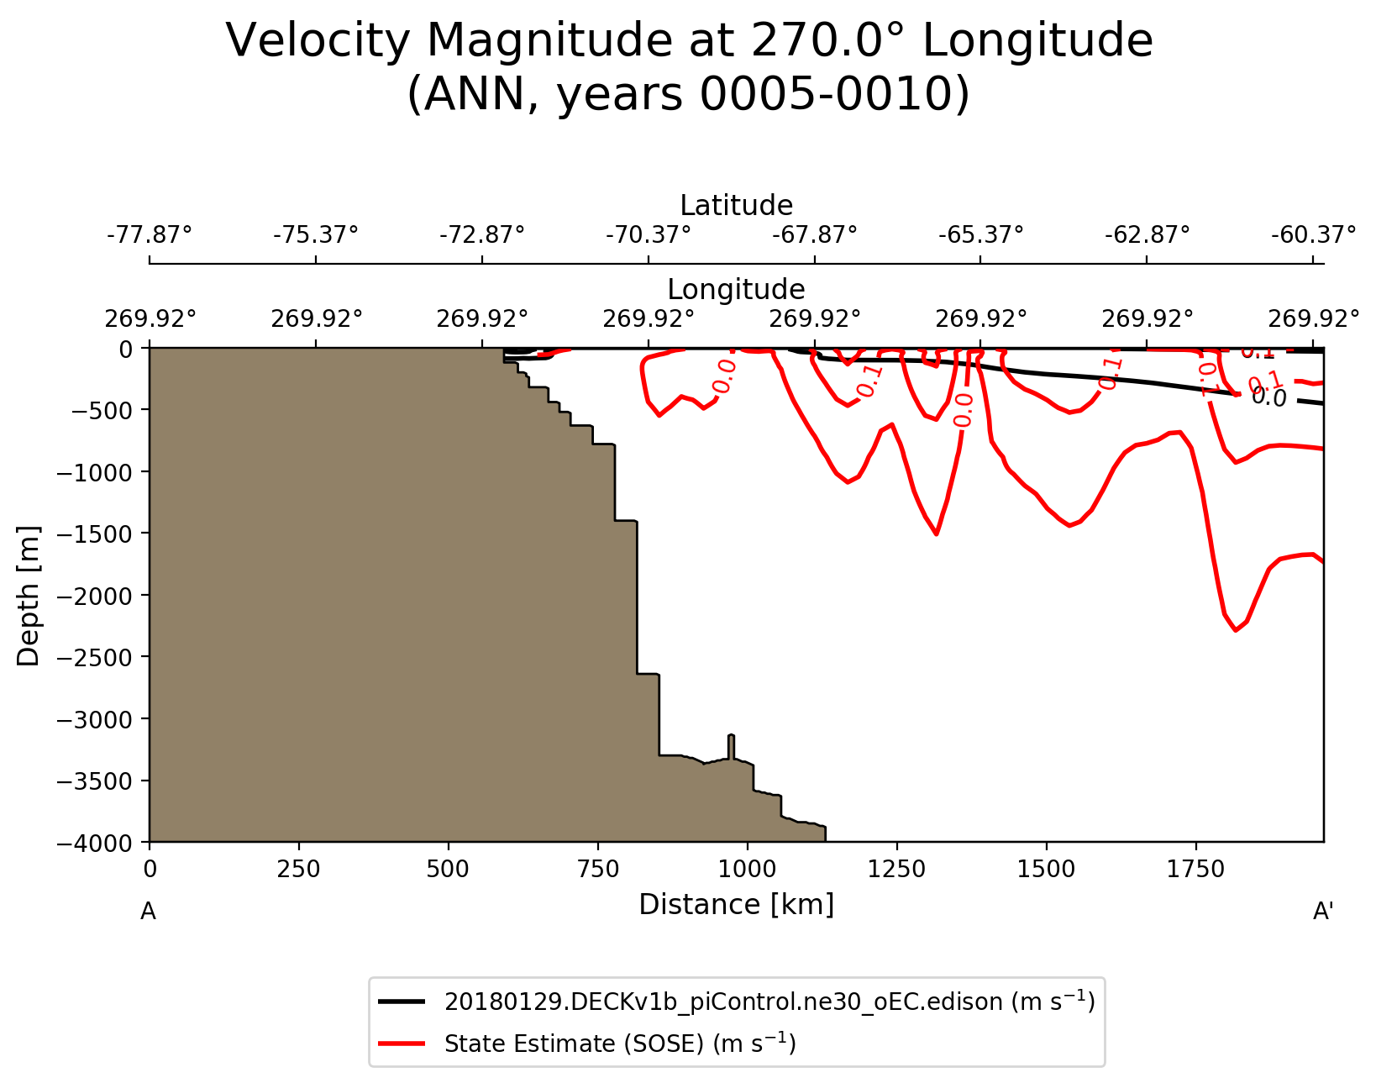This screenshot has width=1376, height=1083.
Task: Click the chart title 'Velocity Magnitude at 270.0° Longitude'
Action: (x=689, y=41)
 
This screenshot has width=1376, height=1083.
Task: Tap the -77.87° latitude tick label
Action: (x=150, y=234)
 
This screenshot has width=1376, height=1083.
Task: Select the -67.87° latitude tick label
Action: (x=815, y=234)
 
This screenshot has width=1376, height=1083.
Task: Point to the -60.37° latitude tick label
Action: (x=1313, y=234)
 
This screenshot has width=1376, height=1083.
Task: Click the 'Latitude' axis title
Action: (x=736, y=206)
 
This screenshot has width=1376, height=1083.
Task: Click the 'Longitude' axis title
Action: (x=736, y=290)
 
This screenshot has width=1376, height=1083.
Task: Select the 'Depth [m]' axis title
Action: (x=29, y=595)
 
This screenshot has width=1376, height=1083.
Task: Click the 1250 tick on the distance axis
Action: (x=896, y=870)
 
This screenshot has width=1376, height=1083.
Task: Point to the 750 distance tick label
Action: (x=597, y=870)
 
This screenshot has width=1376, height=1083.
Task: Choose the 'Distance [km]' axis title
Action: (x=736, y=905)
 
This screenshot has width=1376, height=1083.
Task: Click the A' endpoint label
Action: (x=1323, y=912)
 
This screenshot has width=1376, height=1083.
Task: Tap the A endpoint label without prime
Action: (x=148, y=912)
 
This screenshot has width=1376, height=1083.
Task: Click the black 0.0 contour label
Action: (x=1268, y=397)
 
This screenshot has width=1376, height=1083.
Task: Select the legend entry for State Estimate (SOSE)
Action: (x=620, y=1044)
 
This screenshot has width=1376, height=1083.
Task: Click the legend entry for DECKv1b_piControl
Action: (x=769, y=1002)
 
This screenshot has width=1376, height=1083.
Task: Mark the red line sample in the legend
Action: (x=405, y=1044)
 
